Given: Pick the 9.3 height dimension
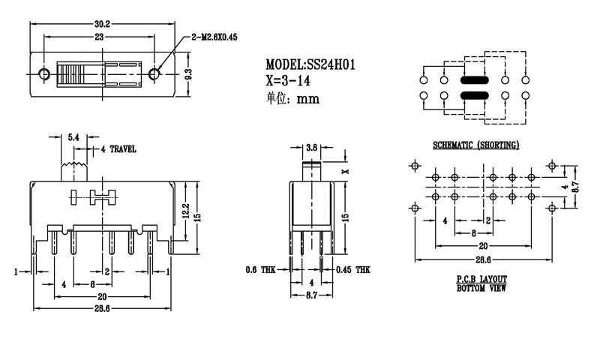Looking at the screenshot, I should click(x=189, y=73).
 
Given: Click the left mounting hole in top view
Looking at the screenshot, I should click(x=43, y=73).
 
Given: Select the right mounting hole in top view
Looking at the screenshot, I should click(x=155, y=73).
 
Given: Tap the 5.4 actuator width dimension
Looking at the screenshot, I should click(x=73, y=137).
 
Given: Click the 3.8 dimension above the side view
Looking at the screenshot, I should click(x=310, y=146).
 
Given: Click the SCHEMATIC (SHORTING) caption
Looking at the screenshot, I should click(x=475, y=145).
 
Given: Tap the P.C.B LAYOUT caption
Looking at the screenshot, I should click(x=481, y=279).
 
